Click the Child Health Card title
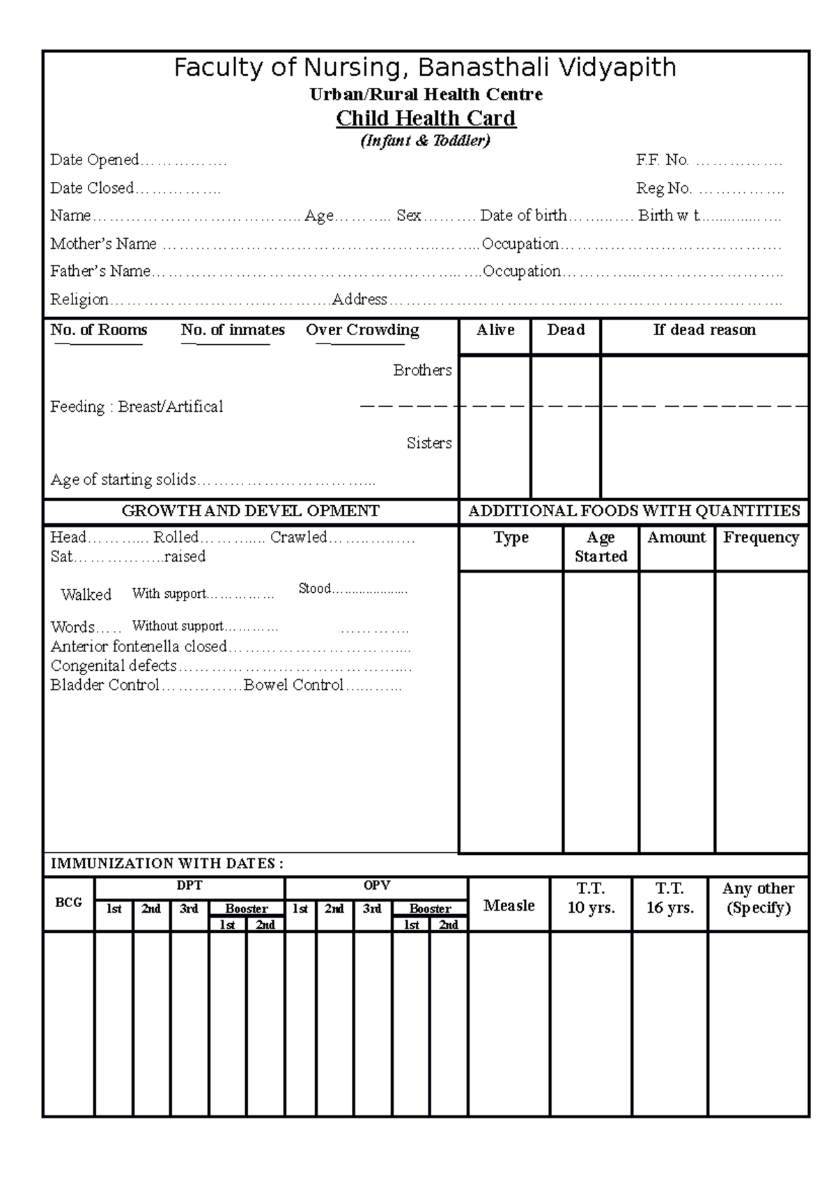[x=426, y=118]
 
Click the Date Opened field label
[x=95, y=160]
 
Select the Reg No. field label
[x=663, y=188]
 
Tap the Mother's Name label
[x=103, y=244]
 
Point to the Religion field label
[x=79, y=300]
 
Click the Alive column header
[x=495, y=330]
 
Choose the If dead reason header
[x=704, y=330]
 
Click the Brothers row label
[x=422, y=371]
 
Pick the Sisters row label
[x=429, y=443]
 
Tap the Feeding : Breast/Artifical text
[x=137, y=407]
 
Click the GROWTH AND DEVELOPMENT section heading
[x=251, y=511]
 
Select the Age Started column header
[x=601, y=547]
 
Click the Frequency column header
[x=761, y=538]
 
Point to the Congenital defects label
[x=114, y=666]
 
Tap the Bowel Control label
[x=293, y=686]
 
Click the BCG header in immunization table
[x=68, y=903]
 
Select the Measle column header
[x=509, y=906]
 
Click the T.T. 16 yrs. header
[x=669, y=898]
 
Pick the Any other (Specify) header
[x=758, y=898]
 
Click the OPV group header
[x=376, y=886]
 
